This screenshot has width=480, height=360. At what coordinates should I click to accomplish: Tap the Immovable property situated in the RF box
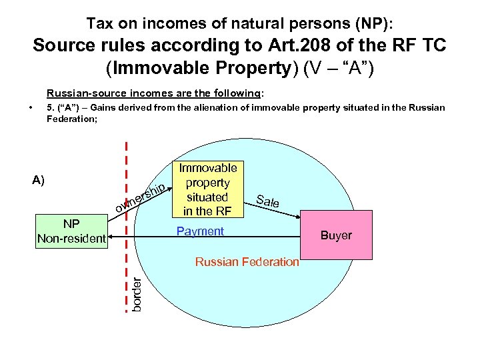(208, 189)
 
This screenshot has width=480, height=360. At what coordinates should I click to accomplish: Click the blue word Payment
(200, 231)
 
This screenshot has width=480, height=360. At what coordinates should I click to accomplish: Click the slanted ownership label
(139, 199)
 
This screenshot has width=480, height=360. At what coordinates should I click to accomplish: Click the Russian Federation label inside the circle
(247, 262)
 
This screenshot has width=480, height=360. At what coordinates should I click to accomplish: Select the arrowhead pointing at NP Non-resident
(113, 237)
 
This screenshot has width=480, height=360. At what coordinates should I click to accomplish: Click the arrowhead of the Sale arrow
(299, 215)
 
